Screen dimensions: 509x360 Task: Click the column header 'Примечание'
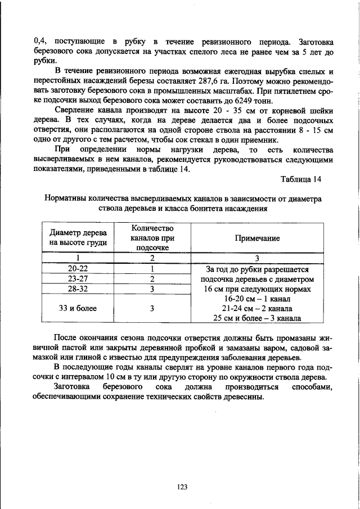[258, 238]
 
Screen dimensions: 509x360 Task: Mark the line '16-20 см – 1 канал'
[258, 299]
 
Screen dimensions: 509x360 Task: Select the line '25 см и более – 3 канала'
[258, 318]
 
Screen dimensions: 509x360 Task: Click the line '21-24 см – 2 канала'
[258, 309]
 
